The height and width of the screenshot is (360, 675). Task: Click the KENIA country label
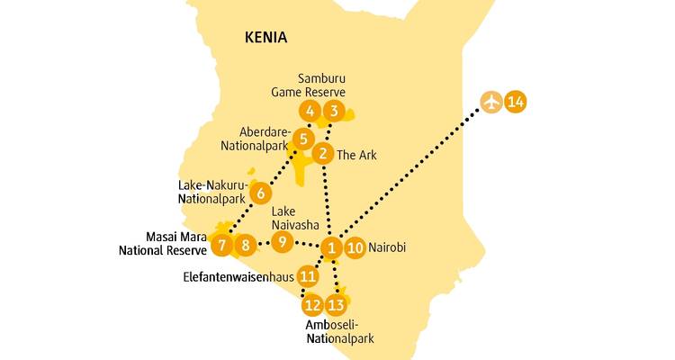pyautogui.click(x=265, y=38)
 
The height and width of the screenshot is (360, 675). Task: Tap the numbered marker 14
pyautogui.click(x=515, y=102)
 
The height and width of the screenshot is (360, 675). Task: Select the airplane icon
pyautogui.click(x=490, y=102)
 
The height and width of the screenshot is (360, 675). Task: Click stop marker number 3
pyautogui.click(x=334, y=112)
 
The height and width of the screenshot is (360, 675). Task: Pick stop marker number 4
pyautogui.click(x=310, y=112)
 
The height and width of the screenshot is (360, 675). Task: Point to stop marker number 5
pyautogui.click(x=303, y=139)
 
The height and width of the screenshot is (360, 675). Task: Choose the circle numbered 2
pyautogui.click(x=322, y=154)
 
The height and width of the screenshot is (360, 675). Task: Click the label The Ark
pyautogui.click(x=357, y=155)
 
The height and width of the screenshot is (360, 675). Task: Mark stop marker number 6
pyautogui.click(x=260, y=193)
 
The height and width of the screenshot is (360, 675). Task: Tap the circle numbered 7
pyautogui.click(x=221, y=244)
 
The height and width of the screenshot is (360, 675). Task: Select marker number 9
pyautogui.click(x=283, y=241)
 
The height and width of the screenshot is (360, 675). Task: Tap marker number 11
pyautogui.click(x=309, y=276)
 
